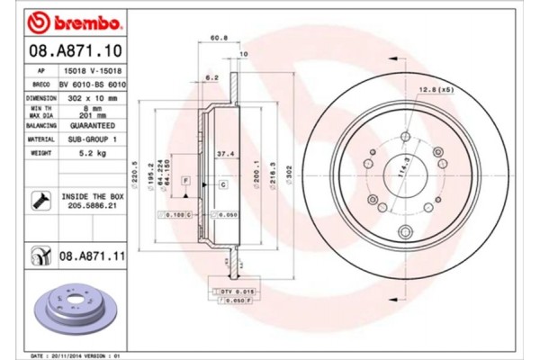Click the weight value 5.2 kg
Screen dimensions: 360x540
coord(81,153)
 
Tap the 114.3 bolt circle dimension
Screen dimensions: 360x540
coord(397,166)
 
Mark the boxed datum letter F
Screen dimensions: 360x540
coord(184,182)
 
